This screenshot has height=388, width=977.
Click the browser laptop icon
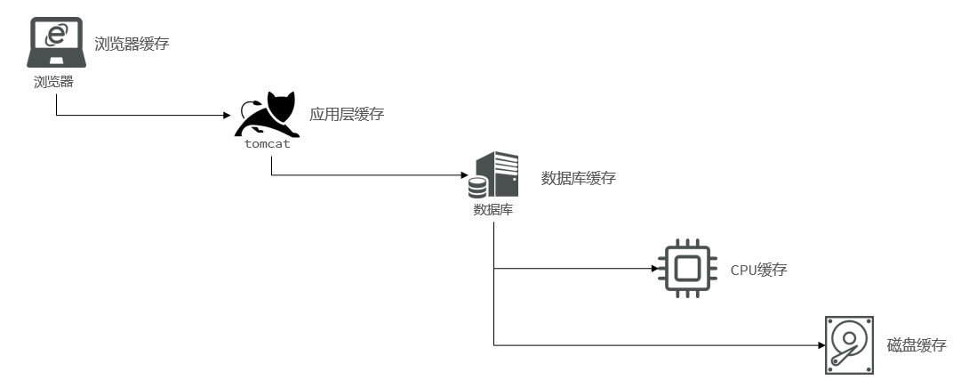[x=56, y=42]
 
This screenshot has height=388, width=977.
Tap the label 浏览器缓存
[x=132, y=44]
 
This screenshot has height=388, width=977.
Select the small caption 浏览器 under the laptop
[x=53, y=82]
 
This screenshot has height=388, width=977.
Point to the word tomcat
[x=268, y=144]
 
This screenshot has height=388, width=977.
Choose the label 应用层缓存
[x=347, y=114]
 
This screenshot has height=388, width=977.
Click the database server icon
[x=493, y=174]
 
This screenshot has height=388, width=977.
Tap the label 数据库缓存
[x=578, y=178]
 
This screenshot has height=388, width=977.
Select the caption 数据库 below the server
[x=493, y=210]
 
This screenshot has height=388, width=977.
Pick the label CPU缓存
[x=759, y=270]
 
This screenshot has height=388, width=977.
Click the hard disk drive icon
[x=849, y=345]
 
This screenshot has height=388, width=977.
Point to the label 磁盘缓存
[x=917, y=345]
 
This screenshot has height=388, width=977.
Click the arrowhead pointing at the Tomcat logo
[x=228, y=116]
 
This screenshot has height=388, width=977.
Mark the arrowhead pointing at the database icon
[x=464, y=175]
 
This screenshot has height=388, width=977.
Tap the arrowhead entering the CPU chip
[x=655, y=269]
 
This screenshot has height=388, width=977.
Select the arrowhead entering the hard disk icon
[x=821, y=345]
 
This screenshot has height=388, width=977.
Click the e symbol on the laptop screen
[x=56, y=35]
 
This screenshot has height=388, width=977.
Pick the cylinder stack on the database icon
[x=478, y=187]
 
